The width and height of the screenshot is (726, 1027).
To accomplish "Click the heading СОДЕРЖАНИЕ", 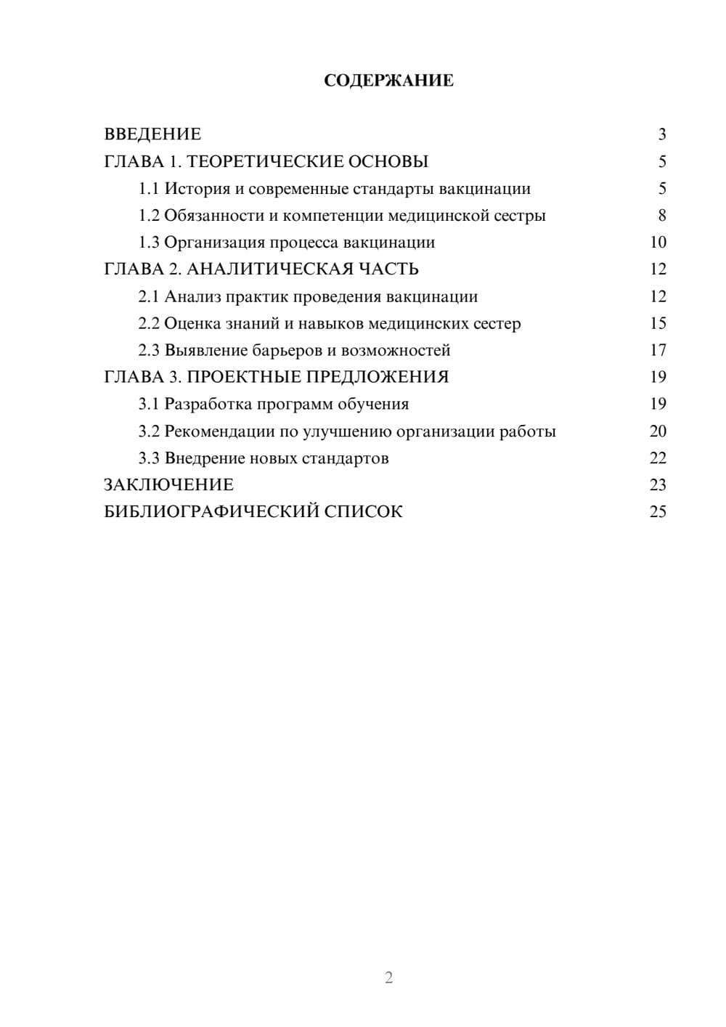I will coord(388,81).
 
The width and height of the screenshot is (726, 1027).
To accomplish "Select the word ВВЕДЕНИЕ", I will coord(152,134).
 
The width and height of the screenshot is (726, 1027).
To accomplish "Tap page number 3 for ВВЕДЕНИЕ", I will coord(661,134).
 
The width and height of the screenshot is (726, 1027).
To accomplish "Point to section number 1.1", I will coord(149,189).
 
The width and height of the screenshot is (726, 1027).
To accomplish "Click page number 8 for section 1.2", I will coord(661,216).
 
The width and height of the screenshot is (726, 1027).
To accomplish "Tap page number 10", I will coord(658,243).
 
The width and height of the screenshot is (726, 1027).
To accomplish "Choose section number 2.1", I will coord(149,296).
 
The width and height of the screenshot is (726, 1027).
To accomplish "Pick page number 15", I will coord(658,323).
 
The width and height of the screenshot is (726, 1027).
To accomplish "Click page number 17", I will coord(658,350).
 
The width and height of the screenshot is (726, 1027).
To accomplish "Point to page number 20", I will coord(658,431).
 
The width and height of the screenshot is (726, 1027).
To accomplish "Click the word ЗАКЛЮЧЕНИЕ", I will coord(168,484).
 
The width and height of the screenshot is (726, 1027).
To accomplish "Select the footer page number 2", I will coord(388,978).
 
